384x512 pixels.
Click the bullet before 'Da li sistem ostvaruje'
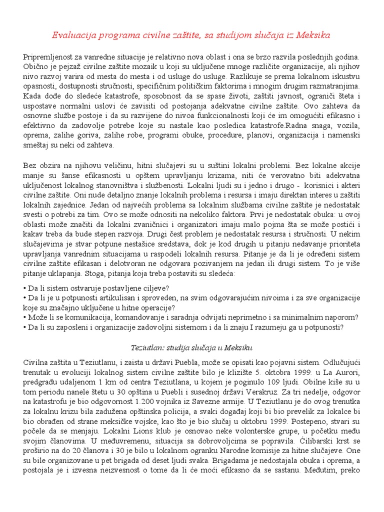(25, 288)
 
